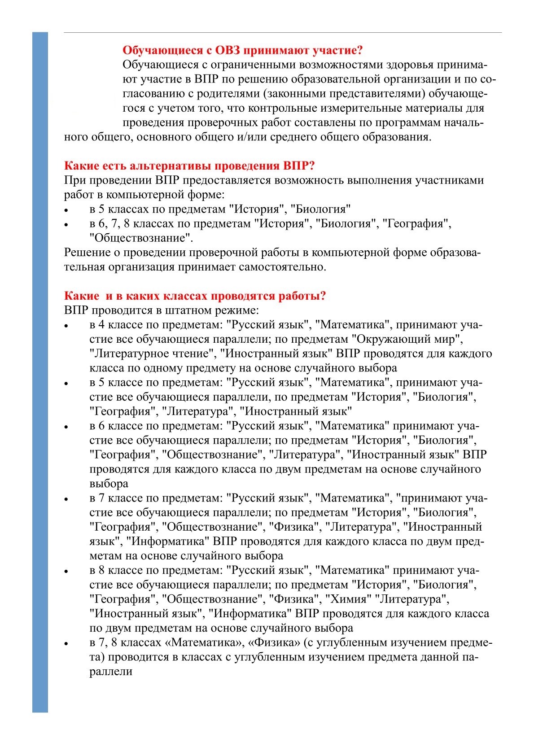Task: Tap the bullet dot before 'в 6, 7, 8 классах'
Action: [67, 225]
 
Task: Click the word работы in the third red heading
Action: [299, 296]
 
